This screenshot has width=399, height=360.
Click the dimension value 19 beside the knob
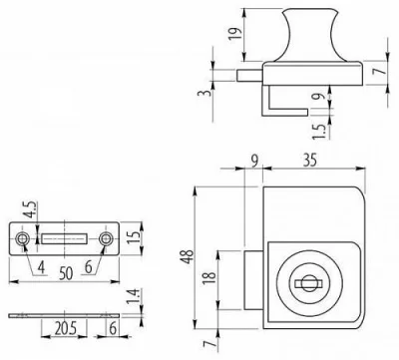[235, 34]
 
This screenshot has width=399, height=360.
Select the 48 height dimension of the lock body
[189, 256]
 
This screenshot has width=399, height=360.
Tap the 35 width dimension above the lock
[310, 160]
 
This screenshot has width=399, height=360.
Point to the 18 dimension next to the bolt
[210, 277]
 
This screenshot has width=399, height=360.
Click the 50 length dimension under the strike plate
[66, 273]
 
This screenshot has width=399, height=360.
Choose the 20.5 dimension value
[66, 329]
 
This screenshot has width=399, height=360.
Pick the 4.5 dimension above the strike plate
[32, 209]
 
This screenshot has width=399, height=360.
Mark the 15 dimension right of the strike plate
[135, 236]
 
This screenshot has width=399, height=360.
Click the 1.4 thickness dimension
[133, 296]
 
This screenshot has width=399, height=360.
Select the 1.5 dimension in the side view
[319, 132]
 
